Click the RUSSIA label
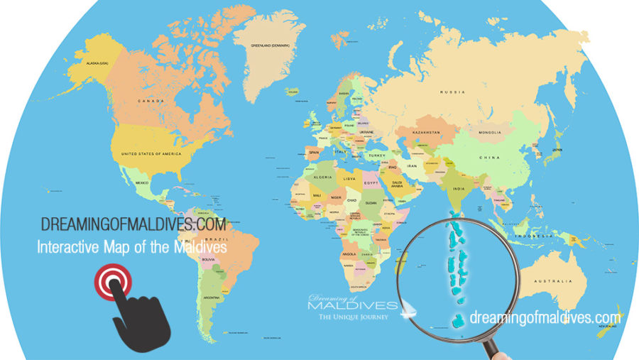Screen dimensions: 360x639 coord(452,92)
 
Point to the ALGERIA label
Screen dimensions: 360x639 coord(323,176)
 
